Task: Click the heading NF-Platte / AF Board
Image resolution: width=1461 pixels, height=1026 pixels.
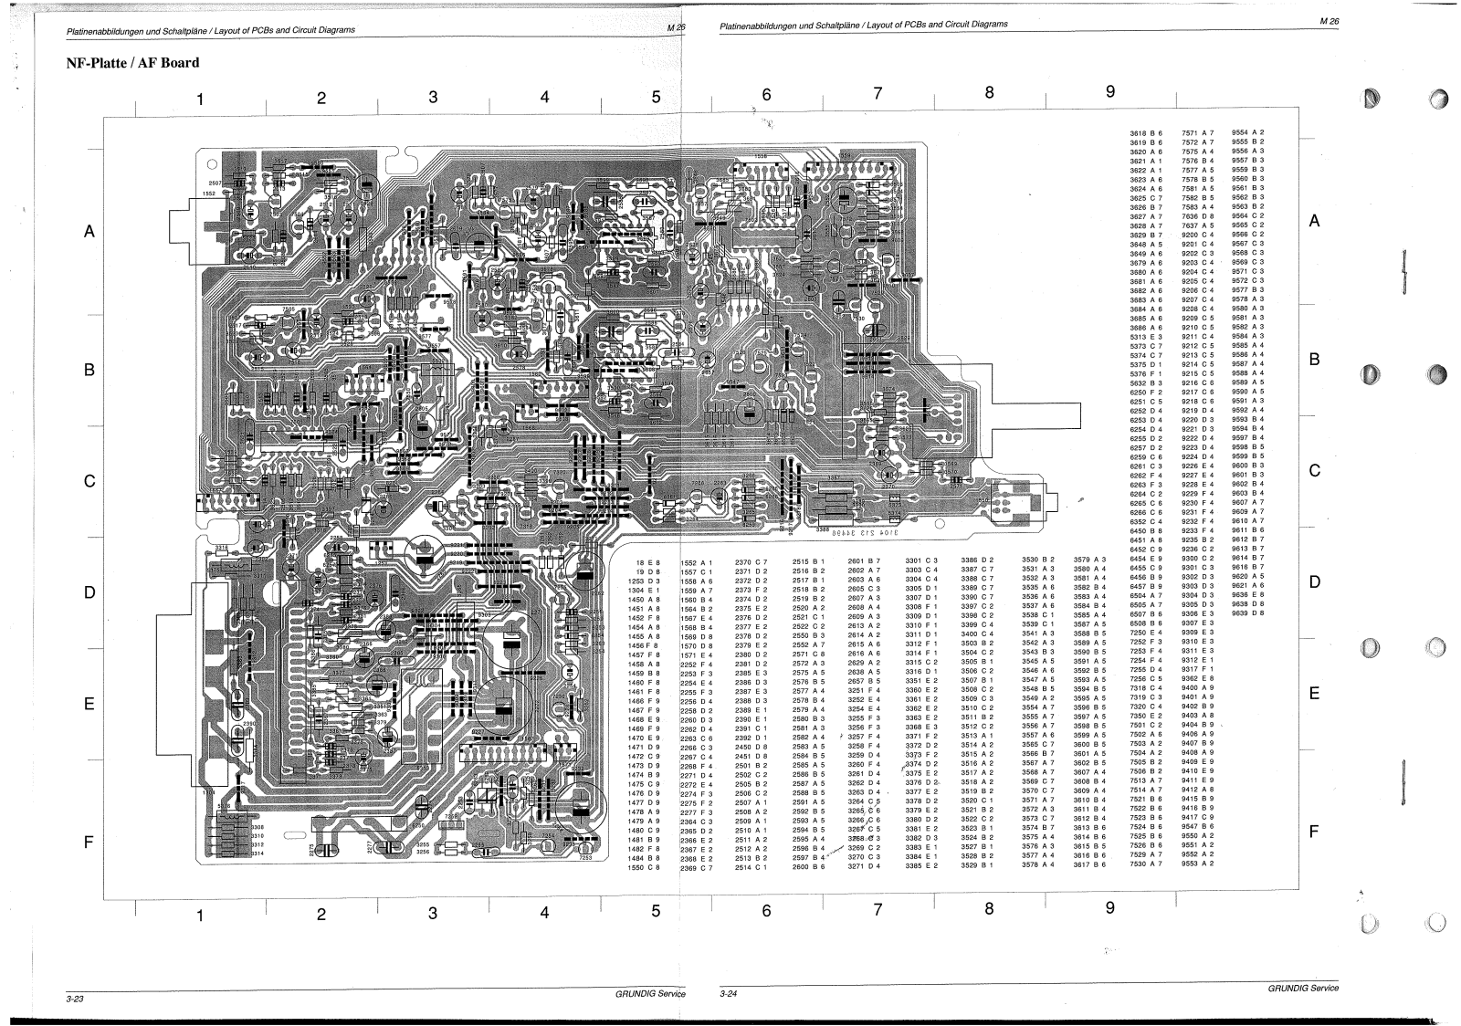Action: pos(132,63)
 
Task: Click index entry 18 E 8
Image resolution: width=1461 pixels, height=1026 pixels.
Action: pos(646,562)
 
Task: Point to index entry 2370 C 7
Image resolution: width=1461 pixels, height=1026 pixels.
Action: pos(752,561)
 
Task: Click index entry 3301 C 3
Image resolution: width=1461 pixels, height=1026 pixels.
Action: pos(921,560)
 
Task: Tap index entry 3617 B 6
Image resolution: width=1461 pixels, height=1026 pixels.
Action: pos(1089,864)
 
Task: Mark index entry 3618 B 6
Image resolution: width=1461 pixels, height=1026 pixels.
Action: pos(1146,133)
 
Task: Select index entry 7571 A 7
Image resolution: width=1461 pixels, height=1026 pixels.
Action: pos(1198,133)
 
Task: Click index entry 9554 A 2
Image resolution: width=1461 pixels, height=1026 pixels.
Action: pos(1248,132)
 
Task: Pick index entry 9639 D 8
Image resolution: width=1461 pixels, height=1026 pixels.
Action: pos(1248,613)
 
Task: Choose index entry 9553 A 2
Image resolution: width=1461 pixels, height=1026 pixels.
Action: pos(1198,863)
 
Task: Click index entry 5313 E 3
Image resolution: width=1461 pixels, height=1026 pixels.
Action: pos(1146,337)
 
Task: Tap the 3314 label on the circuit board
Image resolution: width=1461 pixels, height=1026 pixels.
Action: pos(257,853)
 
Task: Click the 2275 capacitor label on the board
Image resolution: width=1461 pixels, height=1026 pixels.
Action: pos(311,849)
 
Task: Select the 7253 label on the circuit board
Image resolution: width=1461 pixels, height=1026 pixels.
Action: pos(584,857)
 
